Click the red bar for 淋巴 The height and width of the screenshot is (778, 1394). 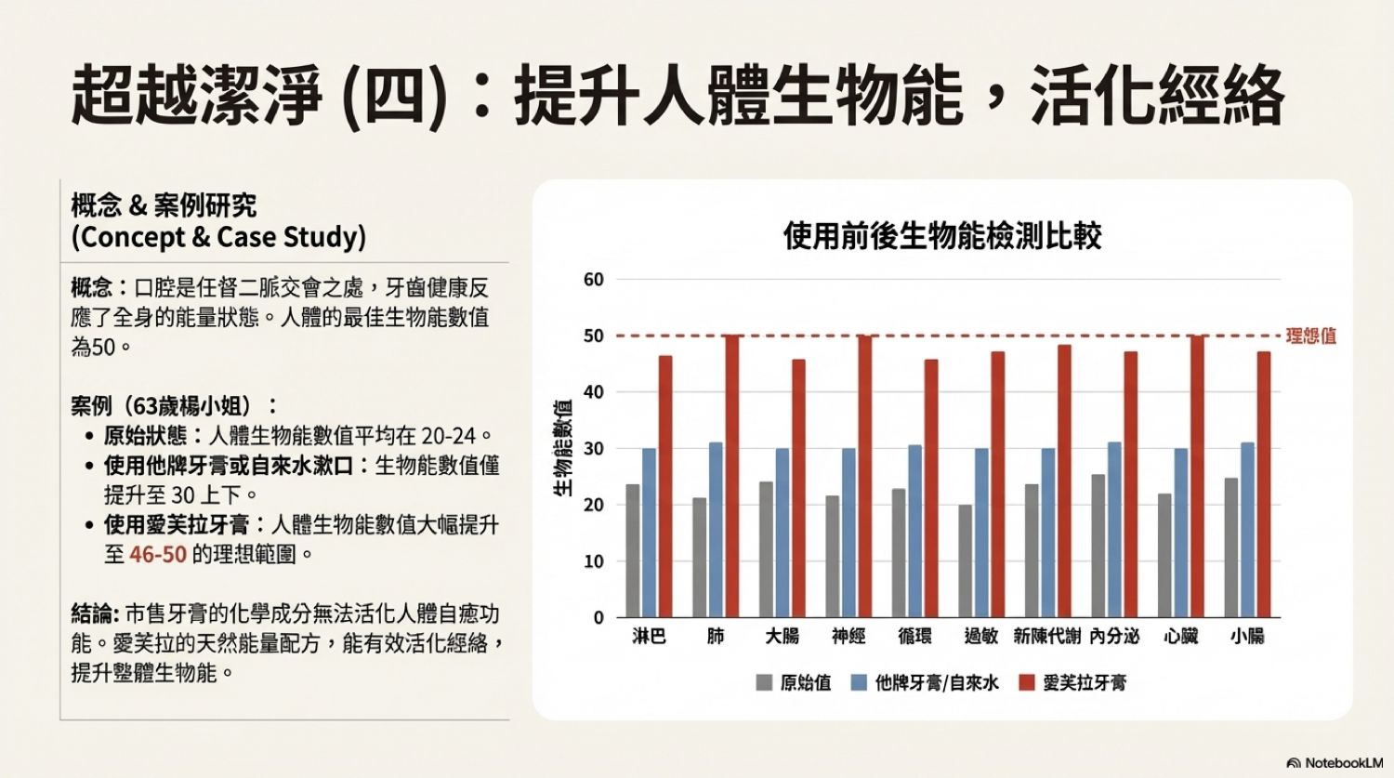pyautogui.click(x=665, y=486)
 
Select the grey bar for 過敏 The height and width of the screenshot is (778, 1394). pyautogui.click(x=965, y=560)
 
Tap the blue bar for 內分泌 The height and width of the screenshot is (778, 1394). pyautogui.click(x=1114, y=530)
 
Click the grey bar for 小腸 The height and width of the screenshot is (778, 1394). pyautogui.click(x=1231, y=547)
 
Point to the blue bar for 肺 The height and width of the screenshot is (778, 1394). pyautogui.click(x=716, y=530)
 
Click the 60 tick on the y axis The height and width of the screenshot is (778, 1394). pyautogui.click(x=593, y=280)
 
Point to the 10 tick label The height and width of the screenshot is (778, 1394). pyautogui.click(x=593, y=561)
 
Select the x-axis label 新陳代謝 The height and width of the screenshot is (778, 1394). pyautogui.click(x=1047, y=637)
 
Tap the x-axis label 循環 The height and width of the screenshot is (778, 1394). pyautogui.click(x=914, y=637)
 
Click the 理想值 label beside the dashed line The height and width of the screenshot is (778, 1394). pyautogui.click(x=1310, y=336)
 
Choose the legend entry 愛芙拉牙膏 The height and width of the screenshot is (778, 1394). pyautogui.click(x=1084, y=683)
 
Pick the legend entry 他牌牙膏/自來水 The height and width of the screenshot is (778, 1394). pyautogui.click(x=936, y=683)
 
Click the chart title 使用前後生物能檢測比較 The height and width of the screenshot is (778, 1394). pyautogui.click(x=942, y=236)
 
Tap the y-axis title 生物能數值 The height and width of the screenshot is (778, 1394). pyautogui.click(x=564, y=448)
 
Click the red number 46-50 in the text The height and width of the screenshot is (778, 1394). pyautogui.click(x=158, y=555)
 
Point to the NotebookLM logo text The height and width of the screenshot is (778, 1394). pyautogui.click(x=1343, y=763)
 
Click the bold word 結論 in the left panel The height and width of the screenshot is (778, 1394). pyautogui.click(x=93, y=613)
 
